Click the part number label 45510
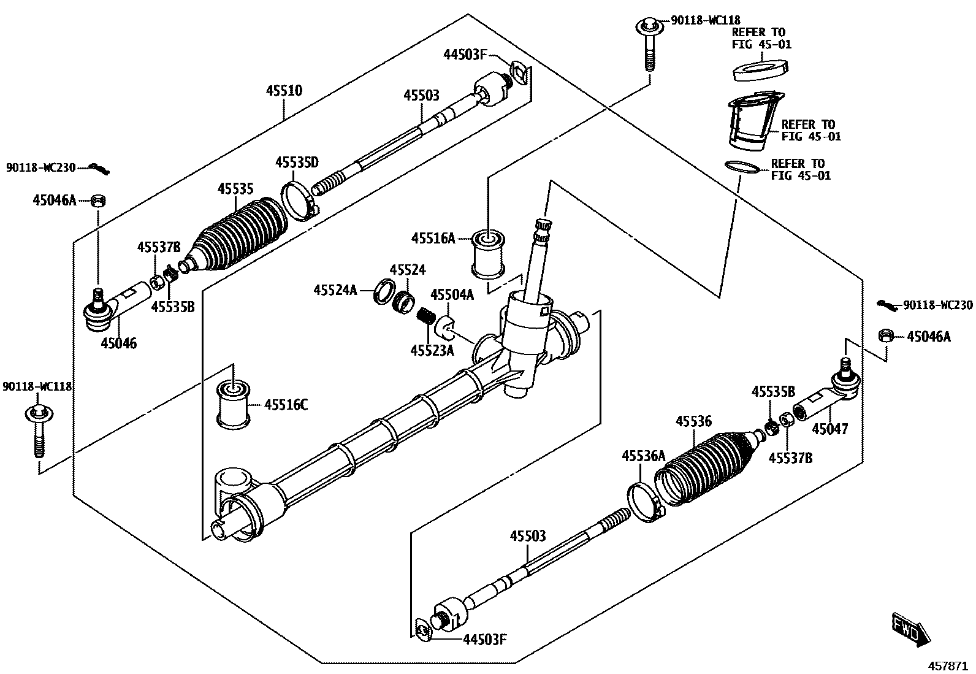(x=284, y=91)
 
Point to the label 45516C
(x=286, y=405)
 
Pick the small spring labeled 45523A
(x=424, y=316)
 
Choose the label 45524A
(x=335, y=290)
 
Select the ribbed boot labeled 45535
(x=237, y=237)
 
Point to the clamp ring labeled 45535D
(x=299, y=201)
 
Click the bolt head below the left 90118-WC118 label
(x=39, y=412)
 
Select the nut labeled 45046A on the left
(x=99, y=201)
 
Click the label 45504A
(x=452, y=295)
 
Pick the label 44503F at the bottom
(x=485, y=640)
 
